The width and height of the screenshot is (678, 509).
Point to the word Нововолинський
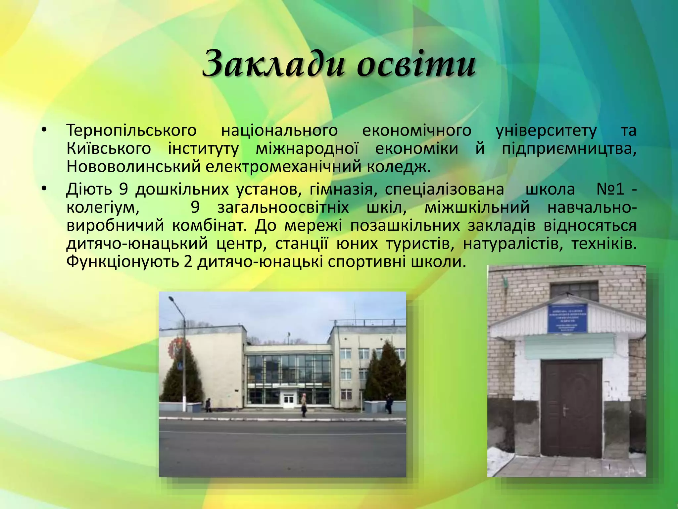tap(134, 167)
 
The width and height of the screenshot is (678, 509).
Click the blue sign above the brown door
tap(567, 318)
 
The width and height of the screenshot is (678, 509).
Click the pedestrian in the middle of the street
tap(304, 405)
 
